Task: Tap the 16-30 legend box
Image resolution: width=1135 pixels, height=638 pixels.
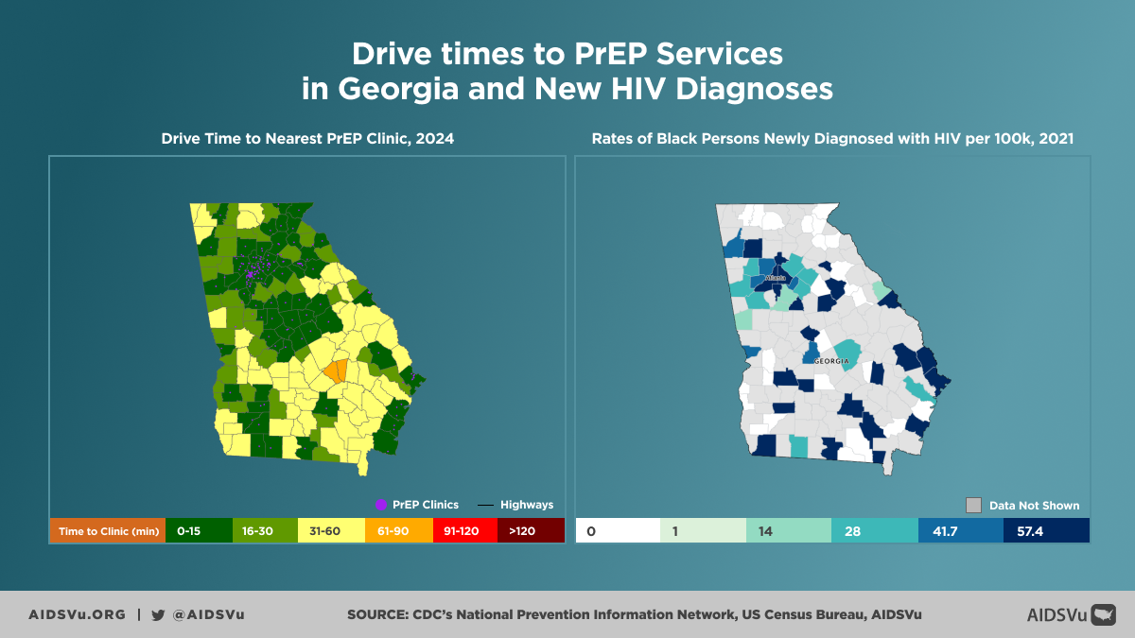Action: (265, 530)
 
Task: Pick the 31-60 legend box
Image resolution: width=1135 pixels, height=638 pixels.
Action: (331, 530)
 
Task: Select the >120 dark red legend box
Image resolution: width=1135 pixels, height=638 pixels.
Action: (530, 530)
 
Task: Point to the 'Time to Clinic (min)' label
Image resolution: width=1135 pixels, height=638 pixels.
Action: (107, 530)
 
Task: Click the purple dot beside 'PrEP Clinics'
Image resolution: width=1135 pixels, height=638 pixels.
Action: (381, 505)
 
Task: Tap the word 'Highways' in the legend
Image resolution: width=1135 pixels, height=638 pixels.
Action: (527, 505)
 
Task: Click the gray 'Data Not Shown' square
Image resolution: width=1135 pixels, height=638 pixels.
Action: (973, 505)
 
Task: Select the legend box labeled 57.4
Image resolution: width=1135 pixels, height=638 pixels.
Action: (1046, 531)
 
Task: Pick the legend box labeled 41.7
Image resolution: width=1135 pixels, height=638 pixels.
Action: (960, 531)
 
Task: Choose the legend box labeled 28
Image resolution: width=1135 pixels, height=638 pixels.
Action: (875, 531)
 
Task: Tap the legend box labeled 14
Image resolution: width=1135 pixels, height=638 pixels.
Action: (789, 531)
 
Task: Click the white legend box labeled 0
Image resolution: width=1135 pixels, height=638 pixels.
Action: (618, 531)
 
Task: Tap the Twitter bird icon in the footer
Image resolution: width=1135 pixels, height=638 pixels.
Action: (158, 614)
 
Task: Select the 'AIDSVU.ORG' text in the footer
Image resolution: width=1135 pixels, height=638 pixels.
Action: (77, 614)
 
